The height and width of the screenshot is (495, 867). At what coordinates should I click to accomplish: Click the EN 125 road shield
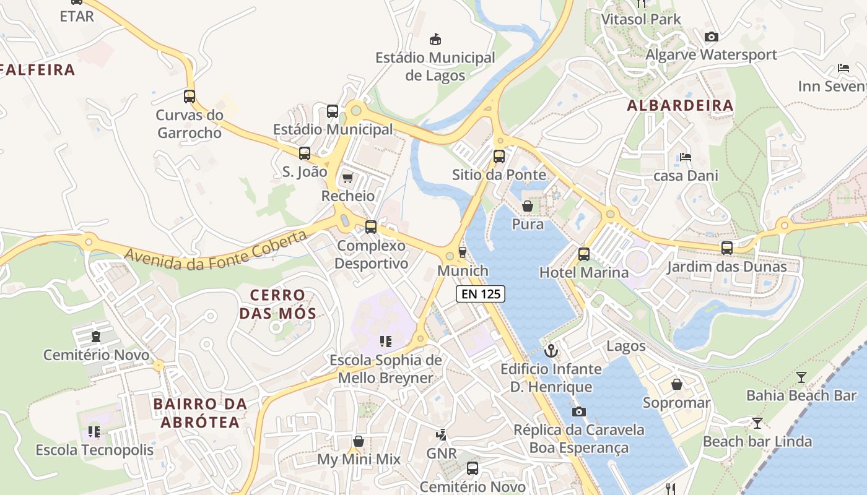(x=481, y=294)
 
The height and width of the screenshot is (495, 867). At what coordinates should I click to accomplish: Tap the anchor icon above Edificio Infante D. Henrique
(x=551, y=351)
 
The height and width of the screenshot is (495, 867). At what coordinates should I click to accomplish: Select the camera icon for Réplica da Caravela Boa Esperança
(x=578, y=411)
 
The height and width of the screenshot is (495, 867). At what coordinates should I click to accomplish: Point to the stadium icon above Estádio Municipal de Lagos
(x=435, y=40)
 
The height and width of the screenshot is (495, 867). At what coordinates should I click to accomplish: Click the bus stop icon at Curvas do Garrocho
(x=190, y=97)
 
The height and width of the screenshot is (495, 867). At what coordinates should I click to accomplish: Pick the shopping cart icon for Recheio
(x=347, y=178)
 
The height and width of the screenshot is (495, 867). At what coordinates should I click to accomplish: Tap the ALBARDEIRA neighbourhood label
(x=680, y=106)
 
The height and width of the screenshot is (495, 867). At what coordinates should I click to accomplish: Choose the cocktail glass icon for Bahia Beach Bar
(x=801, y=377)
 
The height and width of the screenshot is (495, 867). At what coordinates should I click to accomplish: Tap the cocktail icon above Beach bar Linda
(x=757, y=423)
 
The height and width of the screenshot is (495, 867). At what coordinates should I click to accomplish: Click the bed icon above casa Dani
(x=686, y=157)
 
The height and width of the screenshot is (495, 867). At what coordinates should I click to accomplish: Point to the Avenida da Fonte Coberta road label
(x=216, y=251)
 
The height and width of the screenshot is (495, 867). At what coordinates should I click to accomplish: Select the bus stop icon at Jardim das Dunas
(x=726, y=248)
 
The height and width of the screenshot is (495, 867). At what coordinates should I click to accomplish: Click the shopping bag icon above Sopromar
(x=676, y=384)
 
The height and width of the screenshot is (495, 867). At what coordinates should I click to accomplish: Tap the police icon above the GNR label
(x=442, y=435)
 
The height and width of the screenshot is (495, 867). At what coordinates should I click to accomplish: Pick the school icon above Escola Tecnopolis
(x=94, y=431)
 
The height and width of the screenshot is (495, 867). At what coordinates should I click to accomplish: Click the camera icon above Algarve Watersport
(x=711, y=37)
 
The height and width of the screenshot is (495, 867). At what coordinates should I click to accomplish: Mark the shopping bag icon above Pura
(x=528, y=206)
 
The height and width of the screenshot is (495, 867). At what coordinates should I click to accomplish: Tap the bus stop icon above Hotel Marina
(x=583, y=254)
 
